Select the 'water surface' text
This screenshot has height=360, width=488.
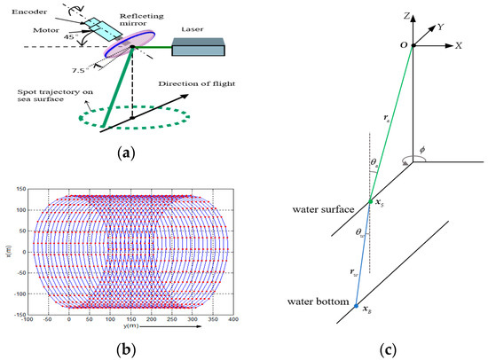[323, 211]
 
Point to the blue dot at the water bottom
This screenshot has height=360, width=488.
[357, 307]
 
